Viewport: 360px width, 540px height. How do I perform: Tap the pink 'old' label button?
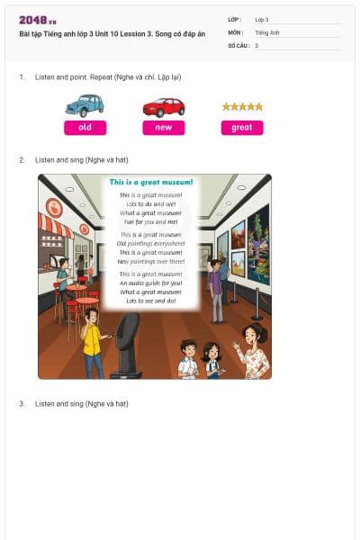point(85,128)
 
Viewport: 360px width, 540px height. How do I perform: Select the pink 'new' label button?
point(164,128)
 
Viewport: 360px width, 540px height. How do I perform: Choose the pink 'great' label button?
point(242,128)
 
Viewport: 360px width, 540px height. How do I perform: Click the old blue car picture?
point(85,106)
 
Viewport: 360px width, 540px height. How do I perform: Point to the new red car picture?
point(164,107)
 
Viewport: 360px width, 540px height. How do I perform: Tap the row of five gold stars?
point(242,106)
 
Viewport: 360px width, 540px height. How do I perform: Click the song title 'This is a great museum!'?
point(151,183)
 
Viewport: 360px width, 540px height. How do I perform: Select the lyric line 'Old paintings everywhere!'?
point(151,243)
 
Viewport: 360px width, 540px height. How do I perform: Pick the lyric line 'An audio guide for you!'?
point(151,283)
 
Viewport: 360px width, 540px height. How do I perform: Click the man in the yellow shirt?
point(92,346)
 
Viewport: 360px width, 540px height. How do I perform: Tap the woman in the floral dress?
point(254,350)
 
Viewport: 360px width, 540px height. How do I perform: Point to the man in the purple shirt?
point(215,290)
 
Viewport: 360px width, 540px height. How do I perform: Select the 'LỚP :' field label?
point(236,19)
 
